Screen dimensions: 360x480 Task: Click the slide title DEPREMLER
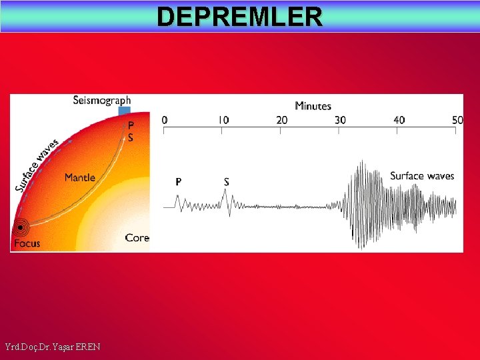click(240, 17)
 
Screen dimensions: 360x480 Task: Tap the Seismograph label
click(102, 101)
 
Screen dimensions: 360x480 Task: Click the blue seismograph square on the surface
click(124, 111)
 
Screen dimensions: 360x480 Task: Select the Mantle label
click(79, 178)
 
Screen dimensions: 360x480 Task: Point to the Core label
click(137, 238)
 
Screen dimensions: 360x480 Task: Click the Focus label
click(27, 243)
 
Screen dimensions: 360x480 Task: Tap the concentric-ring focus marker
click(21, 228)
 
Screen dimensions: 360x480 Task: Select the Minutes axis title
click(313, 106)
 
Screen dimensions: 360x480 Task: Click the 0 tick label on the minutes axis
click(165, 120)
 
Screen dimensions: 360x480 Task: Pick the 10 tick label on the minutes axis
click(223, 120)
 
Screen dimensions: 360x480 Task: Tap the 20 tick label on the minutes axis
click(281, 120)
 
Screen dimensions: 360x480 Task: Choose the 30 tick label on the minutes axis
click(340, 120)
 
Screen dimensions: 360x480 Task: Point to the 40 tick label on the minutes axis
click(399, 120)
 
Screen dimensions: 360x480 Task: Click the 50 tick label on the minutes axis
click(457, 120)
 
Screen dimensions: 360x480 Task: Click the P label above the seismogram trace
click(178, 181)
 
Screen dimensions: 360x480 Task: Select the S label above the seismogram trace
click(227, 181)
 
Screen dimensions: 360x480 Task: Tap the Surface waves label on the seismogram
click(422, 176)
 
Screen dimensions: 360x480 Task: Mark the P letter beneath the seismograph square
click(131, 125)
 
